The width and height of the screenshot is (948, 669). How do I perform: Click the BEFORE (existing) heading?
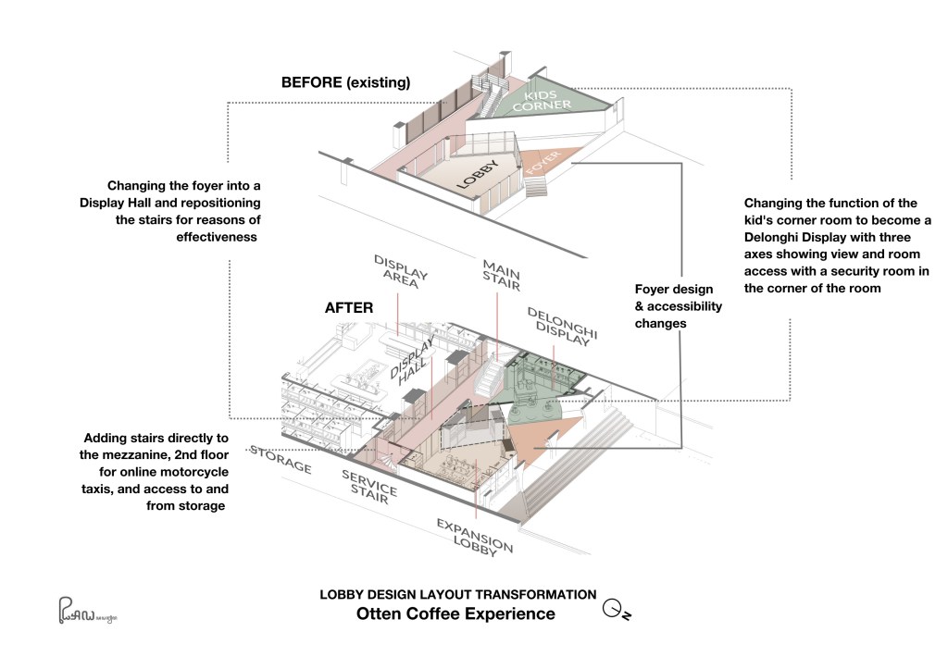[x=346, y=82]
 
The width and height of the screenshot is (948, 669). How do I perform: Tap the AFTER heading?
[x=349, y=307]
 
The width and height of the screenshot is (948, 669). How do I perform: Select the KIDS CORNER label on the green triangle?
[x=541, y=101]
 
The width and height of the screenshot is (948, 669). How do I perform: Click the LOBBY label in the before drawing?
[x=478, y=175]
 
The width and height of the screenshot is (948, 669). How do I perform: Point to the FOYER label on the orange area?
[x=543, y=162]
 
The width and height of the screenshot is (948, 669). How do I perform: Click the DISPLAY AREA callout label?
[x=400, y=270]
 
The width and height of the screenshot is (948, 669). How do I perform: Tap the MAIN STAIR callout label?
[x=501, y=275]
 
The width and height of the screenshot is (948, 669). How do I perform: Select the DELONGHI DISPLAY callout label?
[x=562, y=327]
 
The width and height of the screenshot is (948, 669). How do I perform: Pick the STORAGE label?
[x=281, y=459]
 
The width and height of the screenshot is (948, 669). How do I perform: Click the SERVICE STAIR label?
[x=369, y=487]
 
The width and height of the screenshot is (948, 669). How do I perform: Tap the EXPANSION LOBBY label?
[x=475, y=537]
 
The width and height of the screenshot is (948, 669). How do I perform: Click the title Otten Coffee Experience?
[x=455, y=613]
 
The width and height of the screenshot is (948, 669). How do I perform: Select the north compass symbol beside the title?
[x=616, y=610]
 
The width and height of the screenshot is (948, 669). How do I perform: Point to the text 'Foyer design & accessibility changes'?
[x=679, y=306]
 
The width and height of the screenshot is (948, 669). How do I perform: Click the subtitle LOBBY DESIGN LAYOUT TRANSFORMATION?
[x=458, y=595]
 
